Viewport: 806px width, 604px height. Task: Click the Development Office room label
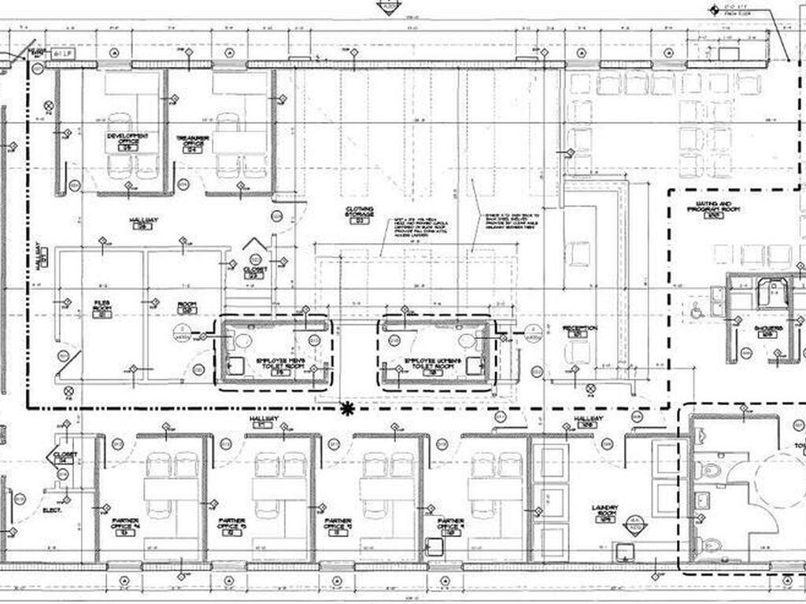point(128,139)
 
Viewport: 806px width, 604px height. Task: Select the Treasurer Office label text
point(194,141)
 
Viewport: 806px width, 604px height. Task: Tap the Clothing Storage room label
point(360,213)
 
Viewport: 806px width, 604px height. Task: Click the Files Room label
point(102,305)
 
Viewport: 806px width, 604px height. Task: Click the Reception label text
point(580,328)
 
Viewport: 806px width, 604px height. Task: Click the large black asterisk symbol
point(346,407)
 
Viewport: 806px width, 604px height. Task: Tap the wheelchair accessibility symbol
point(697,312)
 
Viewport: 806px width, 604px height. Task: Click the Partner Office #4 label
point(125,525)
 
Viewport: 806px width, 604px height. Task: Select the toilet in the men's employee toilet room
point(242,341)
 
